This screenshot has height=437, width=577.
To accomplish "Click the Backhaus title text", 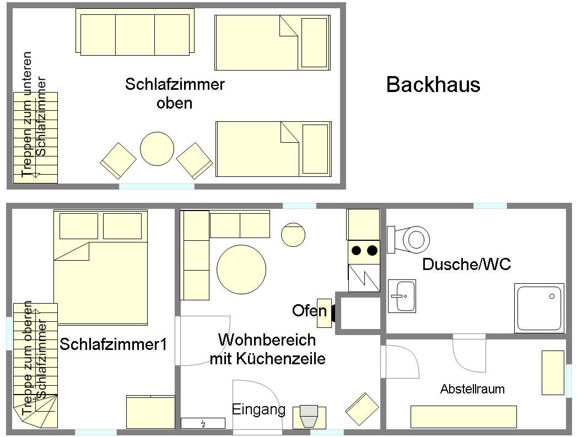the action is pyautogui.click(x=433, y=84).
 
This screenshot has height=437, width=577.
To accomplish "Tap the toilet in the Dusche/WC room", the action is pyautogui.click(x=408, y=240).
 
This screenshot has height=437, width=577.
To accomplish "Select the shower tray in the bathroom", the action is pyautogui.click(x=539, y=308).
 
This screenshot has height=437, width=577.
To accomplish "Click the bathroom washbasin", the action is pyautogui.click(x=402, y=296).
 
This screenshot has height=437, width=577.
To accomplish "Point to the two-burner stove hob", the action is pyautogui.click(x=364, y=252).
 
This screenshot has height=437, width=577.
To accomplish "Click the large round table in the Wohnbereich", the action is pyautogui.click(x=241, y=269).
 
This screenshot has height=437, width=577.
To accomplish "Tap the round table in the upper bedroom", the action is pyautogui.click(x=157, y=149).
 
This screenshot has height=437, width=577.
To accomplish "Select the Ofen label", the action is pyautogui.click(x=309, y=311).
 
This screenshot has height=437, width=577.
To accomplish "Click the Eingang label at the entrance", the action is pyautogui.click(x=258, y=409).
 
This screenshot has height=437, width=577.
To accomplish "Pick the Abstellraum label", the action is pyautogui.click(x=472, y=389).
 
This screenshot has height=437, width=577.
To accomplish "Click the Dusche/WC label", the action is pyautogui.click(x=467, y=264).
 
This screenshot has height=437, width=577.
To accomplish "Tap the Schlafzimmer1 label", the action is pyautogui.click(x=114, y=344).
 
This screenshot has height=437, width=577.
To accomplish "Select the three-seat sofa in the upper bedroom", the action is pyautogui.click(x=135, y=33).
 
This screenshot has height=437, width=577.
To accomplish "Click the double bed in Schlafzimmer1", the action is pyautogui.click(x=100, y=267).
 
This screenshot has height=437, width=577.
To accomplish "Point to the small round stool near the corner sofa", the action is pyautogui.click(x=293, y=235).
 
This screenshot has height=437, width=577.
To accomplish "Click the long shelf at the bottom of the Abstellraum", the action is pyautogui.click(x=463, y=417).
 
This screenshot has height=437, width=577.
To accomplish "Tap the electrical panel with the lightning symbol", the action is pyautogui.click(x=203, y=423).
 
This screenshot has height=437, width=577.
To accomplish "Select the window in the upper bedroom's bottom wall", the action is pyautogui.click(x=157, y=186).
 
